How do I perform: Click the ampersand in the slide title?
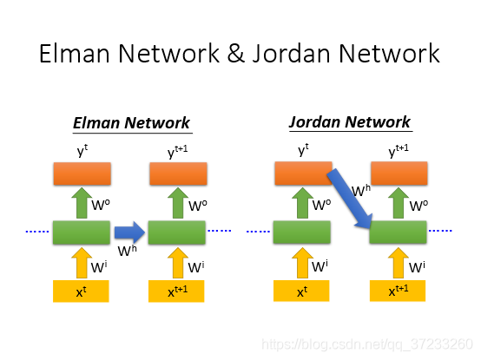(235, 54)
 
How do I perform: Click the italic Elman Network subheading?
(132, 123)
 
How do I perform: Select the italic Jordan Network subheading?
(350, 122)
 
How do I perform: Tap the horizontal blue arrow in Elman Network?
(129, 232)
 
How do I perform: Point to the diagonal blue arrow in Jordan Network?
(350, 199)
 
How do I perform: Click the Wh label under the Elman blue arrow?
(128, 251)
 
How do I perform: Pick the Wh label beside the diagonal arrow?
(361, 190)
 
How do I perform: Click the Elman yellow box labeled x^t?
(81, 291)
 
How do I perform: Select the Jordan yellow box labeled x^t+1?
(398, 291)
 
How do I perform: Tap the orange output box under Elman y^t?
(82, 173)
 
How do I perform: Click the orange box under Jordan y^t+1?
(399, 173)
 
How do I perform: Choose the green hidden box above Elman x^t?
(82, 232)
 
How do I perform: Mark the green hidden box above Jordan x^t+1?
(398, 232)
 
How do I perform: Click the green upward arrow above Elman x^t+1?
(178, 203)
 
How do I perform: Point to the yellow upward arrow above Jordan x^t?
(302, 263)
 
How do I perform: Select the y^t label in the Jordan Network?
(303, 150)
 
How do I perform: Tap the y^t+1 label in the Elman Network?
(178, 152)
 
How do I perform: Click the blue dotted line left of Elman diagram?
(37, 232)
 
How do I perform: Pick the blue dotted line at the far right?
(440, 231)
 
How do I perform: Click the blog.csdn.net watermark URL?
(367, 344)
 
